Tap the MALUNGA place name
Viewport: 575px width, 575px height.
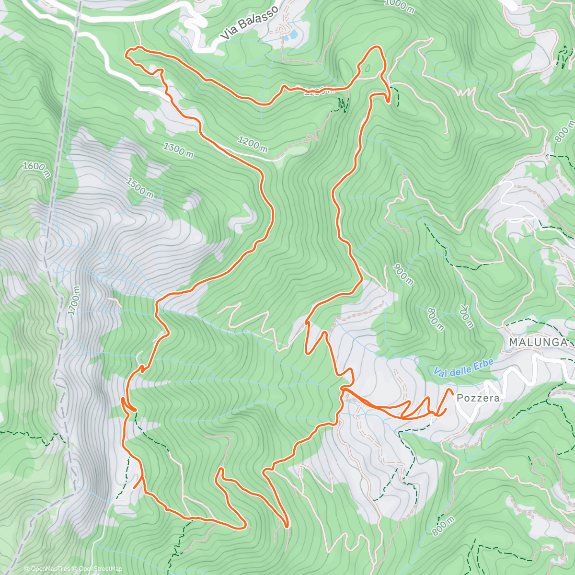click(538, 343)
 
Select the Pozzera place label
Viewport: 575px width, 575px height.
click(478, 398)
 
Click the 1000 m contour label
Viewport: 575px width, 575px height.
click(399, 6)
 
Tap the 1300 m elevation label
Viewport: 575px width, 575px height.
click(178, 149)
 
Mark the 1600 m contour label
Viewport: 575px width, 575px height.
click(36, 169)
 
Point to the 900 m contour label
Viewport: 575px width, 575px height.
click(402, 274)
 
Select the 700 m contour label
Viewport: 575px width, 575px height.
click(466, 316)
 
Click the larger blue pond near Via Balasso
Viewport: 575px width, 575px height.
click(289, 36)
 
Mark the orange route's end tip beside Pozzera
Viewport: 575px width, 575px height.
click(450, 390)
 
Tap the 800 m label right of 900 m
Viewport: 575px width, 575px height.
click(436, 320)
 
